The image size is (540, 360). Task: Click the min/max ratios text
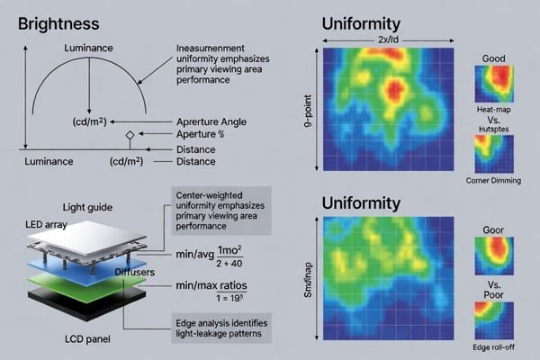(x=211, y=285)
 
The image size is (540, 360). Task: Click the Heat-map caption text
(x=490, y=106)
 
